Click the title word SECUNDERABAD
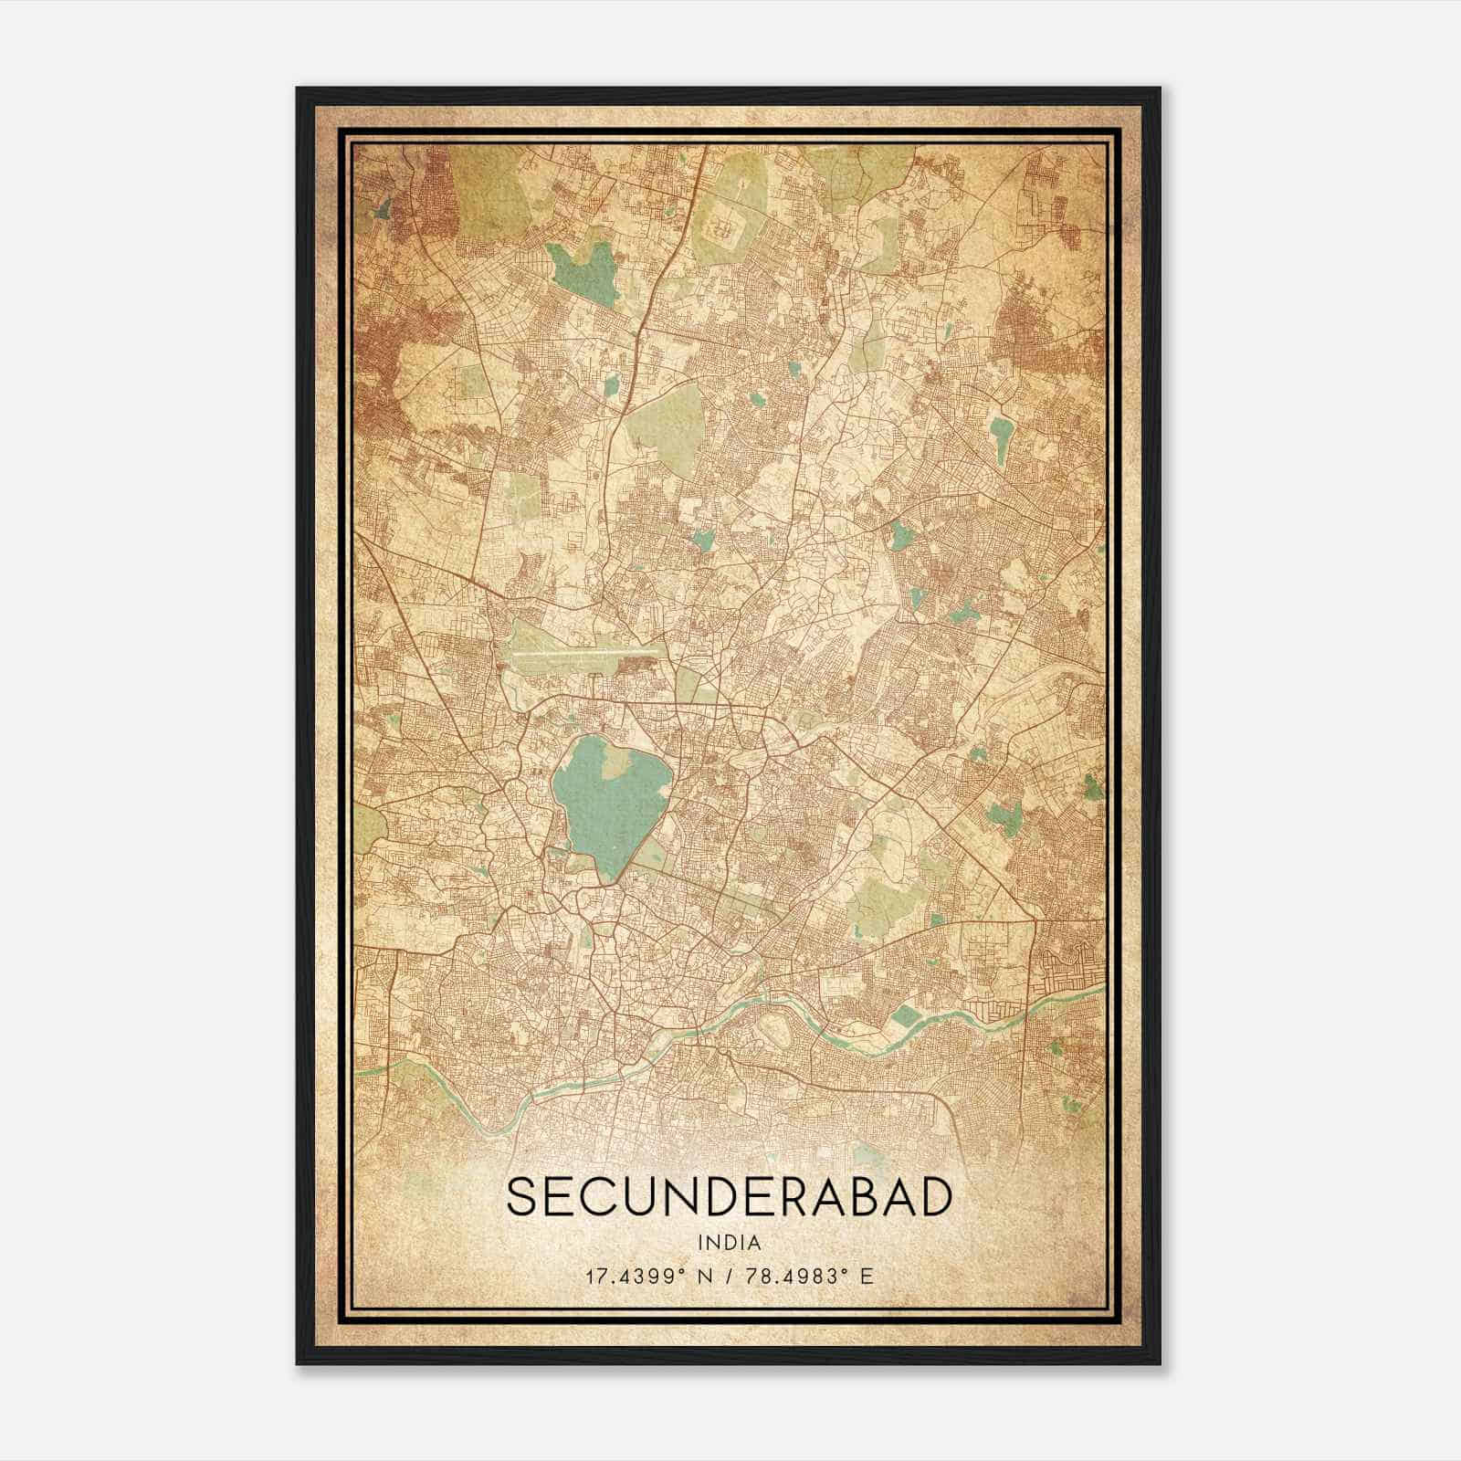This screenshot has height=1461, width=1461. (729, 1198)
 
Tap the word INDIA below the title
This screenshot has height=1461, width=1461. (729, 1243)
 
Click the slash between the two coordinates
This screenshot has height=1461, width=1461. (729, 1276)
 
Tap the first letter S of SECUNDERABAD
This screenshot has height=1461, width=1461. (521, 1198)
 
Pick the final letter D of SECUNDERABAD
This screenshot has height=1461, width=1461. (935, 1198)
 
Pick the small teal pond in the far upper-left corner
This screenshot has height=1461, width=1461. (382, 208)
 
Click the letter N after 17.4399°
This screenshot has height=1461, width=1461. (703, 1276)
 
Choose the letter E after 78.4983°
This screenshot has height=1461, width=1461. (867, 1276)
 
